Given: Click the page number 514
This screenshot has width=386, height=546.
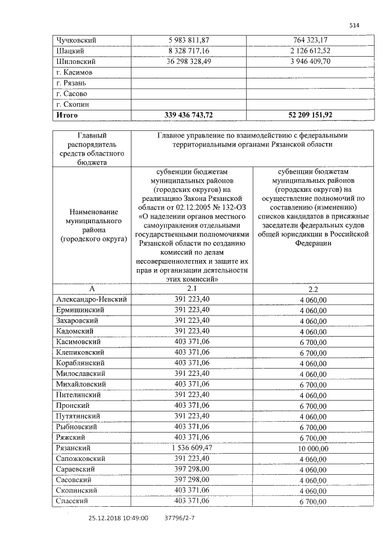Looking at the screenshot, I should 355,25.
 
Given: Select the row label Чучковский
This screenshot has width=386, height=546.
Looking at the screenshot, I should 76,40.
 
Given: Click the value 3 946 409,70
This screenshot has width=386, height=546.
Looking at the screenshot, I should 311,62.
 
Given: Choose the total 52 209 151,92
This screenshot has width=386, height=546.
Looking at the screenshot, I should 311,114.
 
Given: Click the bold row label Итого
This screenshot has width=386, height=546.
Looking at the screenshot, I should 67,114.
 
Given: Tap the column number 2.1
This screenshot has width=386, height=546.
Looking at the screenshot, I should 192,289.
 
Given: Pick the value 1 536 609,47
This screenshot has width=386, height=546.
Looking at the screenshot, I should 192,448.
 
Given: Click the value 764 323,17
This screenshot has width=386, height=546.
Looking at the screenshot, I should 311,40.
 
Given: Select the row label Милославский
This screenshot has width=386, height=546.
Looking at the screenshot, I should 80,374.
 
